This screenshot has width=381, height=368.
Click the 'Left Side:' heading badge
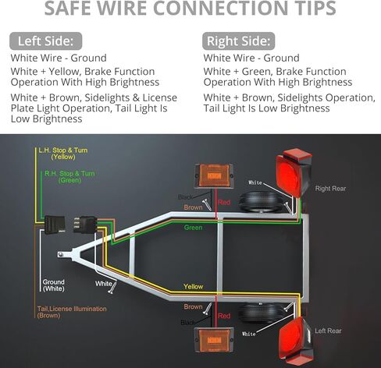(x=46, y=41)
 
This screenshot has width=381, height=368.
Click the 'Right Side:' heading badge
(x=238, y=41)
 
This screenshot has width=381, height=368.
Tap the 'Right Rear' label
(x=330, y=189)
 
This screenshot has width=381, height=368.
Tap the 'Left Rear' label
(x=328, y=331)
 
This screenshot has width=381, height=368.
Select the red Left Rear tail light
(x=296, y=341)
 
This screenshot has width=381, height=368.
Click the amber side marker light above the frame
(x=214, y=175)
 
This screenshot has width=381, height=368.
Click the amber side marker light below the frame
(x=214, y=340)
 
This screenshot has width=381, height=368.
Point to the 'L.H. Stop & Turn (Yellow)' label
(x=63, y=154)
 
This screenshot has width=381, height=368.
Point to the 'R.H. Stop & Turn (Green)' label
(x=69, y=177)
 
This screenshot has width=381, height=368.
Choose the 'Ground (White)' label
(x=54, y=285)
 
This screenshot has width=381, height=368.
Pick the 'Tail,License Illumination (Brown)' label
(x=72, y=312)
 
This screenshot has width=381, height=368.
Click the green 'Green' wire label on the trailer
(x=193, y=228)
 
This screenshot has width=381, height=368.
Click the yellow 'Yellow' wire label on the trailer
(x=193, y=286)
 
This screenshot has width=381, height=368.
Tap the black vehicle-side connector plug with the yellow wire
(x=55, y=225)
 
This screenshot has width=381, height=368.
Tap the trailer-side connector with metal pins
(x=85, y=225)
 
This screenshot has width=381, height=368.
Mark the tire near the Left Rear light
(x=262, y=313)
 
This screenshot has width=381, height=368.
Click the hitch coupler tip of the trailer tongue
(x=61, y=254)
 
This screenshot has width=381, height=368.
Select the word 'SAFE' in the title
(x=70, y=8)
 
